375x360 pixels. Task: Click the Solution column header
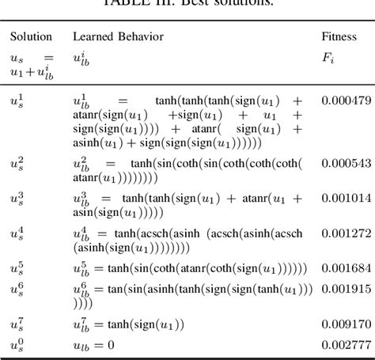(x=31, y=37)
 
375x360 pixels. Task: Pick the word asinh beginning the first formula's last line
(x=88, y=143)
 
